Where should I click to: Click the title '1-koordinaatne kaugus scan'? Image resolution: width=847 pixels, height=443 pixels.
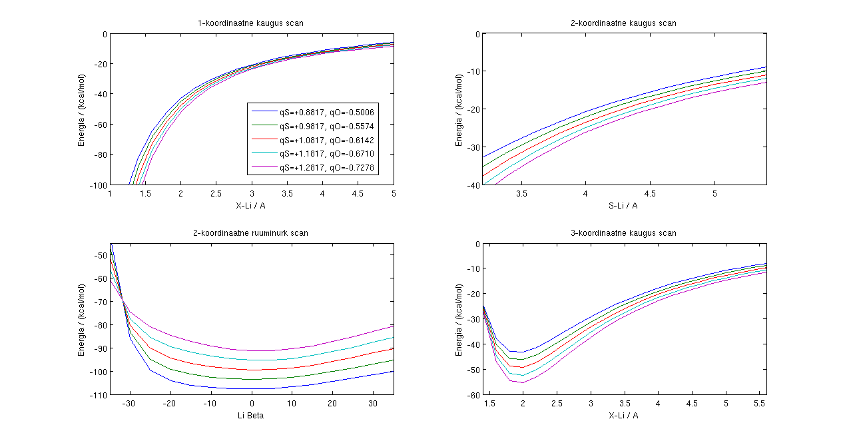251,23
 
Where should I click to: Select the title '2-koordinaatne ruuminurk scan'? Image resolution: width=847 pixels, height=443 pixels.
251,233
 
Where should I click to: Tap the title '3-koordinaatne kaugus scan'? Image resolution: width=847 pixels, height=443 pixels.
624,233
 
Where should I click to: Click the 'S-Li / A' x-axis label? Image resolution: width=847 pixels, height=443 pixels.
623,205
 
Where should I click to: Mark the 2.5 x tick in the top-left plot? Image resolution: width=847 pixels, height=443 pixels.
216,194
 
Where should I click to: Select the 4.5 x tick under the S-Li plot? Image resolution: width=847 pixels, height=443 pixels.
649,194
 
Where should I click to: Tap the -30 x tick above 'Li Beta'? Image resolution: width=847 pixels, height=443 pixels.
131,404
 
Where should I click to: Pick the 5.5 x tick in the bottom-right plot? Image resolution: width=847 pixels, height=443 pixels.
760,404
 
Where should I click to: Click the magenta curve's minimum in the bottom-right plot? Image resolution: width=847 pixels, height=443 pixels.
523,382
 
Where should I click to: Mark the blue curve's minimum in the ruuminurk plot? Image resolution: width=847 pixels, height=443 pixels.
252,388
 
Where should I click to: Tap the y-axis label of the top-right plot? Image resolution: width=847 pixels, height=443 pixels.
459,110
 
